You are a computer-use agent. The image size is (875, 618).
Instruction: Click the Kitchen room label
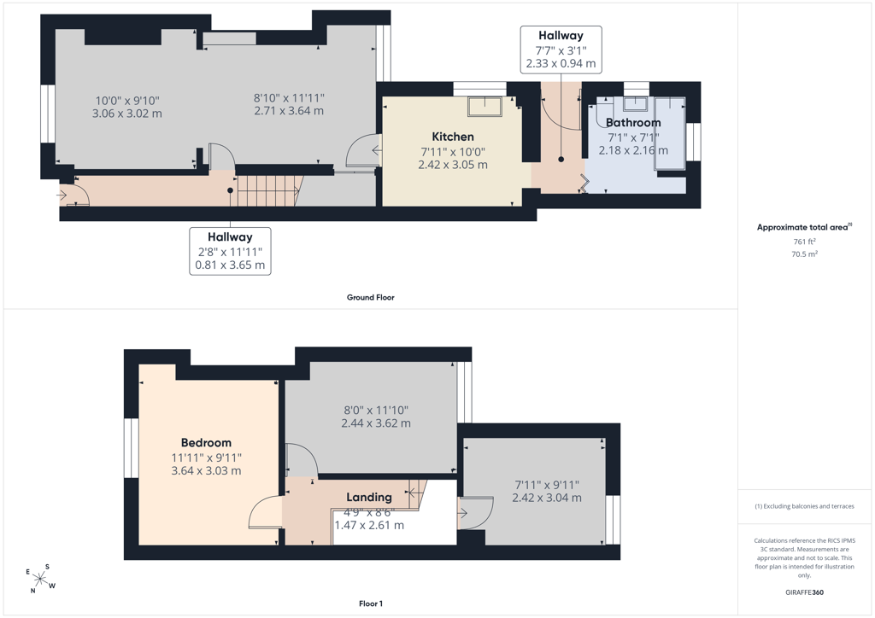pos(453,137)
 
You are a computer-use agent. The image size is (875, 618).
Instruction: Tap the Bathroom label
pos(633,123)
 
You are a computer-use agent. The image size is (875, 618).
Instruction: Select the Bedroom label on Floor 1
pos(206,443)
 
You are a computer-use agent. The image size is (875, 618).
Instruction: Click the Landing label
pos(369,497)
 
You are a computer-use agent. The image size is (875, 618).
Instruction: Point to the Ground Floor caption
pos(371,298)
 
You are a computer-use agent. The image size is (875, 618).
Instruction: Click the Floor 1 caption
pos(371,603)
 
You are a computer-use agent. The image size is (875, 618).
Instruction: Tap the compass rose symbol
pos(40,579)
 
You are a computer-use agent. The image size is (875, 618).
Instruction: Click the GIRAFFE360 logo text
pos(804,592)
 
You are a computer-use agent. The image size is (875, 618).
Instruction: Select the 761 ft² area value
pos(804,242)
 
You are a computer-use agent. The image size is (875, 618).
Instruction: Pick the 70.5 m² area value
pos(804,254)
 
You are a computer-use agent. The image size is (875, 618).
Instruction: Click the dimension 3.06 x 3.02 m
pos(127,114)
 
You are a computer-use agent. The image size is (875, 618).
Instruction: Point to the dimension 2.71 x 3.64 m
pos(289,111)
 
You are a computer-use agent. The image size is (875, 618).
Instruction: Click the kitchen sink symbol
pos(485,107)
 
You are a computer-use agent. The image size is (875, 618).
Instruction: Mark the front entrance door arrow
pos(62,195)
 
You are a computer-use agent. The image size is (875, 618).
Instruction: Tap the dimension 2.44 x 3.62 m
pos(376,423)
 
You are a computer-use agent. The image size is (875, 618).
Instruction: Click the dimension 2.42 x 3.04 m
pos(547,498)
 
